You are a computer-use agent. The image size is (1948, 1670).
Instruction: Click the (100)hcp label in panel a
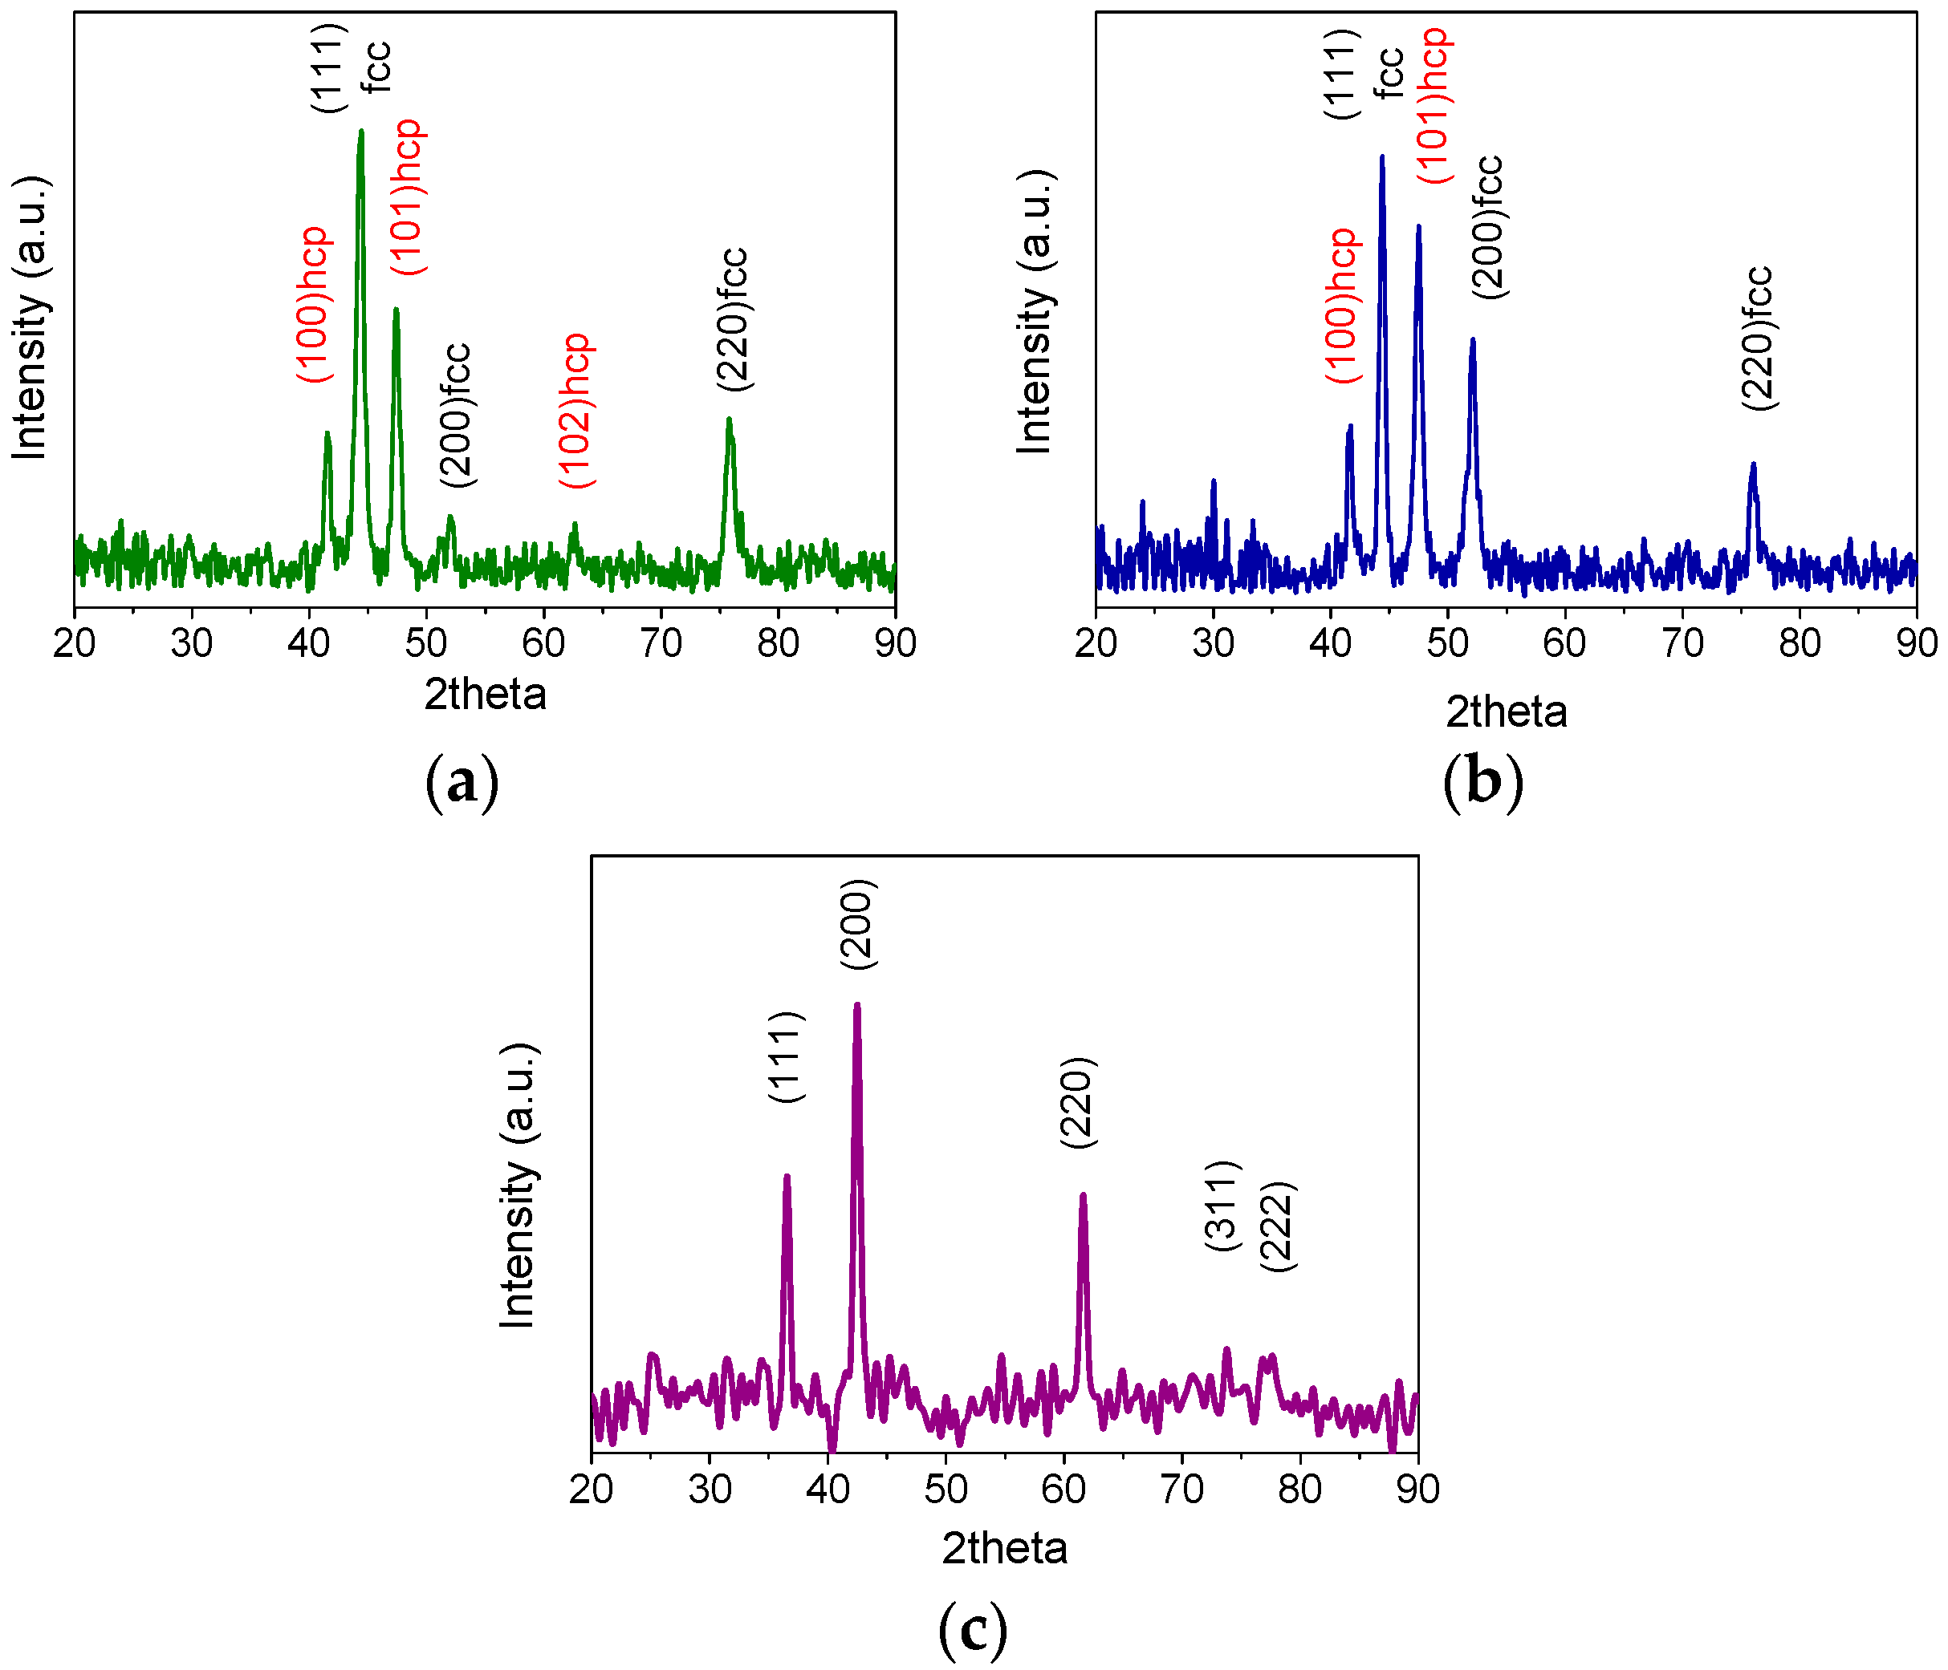[x=314, y=303]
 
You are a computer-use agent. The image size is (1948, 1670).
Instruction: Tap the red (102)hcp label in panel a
[x=577, y=410]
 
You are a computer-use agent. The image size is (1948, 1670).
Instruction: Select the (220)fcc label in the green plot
[x=732, y=319]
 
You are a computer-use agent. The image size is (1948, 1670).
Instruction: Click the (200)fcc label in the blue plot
[x=1488, y=228]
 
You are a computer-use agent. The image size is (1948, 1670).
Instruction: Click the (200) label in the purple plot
[x=858, y=925]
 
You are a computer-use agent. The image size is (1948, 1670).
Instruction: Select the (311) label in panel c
[x=1223, y=1206]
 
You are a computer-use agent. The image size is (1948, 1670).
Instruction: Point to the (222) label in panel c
[x=1279, y=1226]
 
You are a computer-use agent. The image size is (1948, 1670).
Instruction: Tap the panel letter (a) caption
[x=462, y=782]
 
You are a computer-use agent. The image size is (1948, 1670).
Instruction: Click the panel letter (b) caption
[x=1482, y=782]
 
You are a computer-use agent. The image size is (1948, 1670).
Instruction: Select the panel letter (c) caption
[x=973, y=1630]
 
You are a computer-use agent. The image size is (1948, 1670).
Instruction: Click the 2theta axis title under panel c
[x=1004, y=1548]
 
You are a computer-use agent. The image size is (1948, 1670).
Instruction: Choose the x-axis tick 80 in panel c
[x=1299, y=1490]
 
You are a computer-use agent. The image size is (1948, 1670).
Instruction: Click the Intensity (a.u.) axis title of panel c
[x=518, y=1186]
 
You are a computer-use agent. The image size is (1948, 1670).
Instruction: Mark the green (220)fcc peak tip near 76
[x=729, y=420]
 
